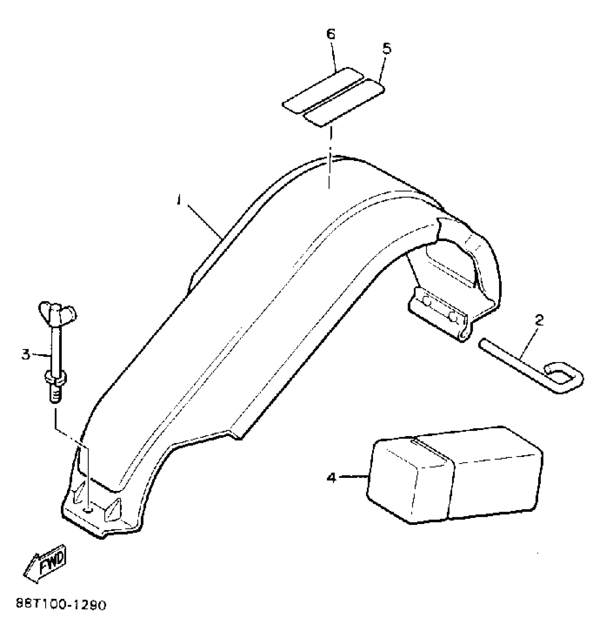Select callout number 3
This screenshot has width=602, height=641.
point(25,354)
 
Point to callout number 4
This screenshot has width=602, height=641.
point(331,478)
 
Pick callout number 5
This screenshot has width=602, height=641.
point(387,48)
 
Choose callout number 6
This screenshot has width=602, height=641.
point(330,34)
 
